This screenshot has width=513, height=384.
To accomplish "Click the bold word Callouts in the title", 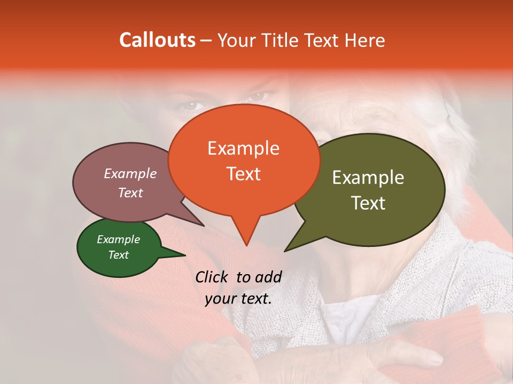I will [157, 41].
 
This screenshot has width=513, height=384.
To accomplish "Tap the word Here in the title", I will [364, 41].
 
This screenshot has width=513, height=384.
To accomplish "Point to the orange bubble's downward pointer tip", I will [246, 245].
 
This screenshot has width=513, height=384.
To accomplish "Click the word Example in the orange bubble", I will [243, 148].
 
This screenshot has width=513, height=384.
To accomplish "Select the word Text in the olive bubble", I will [368, 203].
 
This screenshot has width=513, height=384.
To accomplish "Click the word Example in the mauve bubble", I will [130, 174].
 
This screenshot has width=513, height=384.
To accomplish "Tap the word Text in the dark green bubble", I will [118, 255].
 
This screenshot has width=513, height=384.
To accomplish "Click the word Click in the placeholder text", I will [213, 277].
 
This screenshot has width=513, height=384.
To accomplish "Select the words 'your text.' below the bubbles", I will [238, 299].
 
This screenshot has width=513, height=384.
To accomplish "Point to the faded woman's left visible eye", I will [189, 105].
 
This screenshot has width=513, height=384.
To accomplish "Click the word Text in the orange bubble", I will [244, 174].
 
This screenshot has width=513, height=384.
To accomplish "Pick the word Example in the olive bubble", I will [368, 178].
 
